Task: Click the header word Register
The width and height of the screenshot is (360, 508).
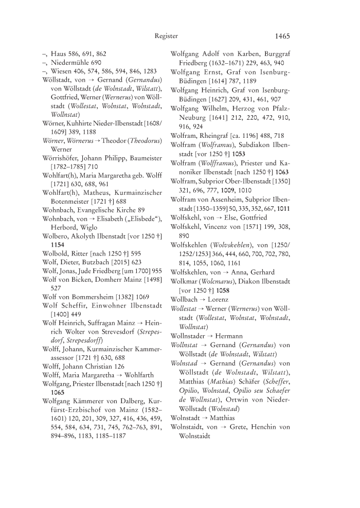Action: coord(166,36)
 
